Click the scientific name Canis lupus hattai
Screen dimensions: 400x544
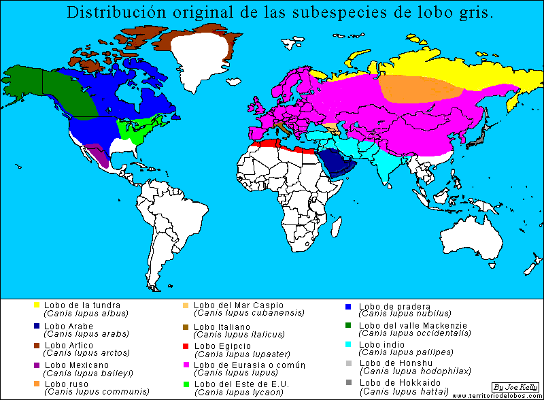point(404,391)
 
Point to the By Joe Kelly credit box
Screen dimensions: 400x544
point(515,386)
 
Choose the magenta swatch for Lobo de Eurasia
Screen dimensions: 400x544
point(186,365)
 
